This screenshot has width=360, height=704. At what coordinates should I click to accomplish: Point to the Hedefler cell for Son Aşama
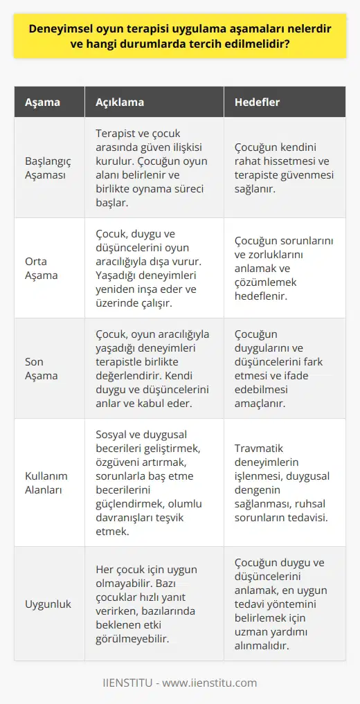pyautogui.click(x=283, y=368)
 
